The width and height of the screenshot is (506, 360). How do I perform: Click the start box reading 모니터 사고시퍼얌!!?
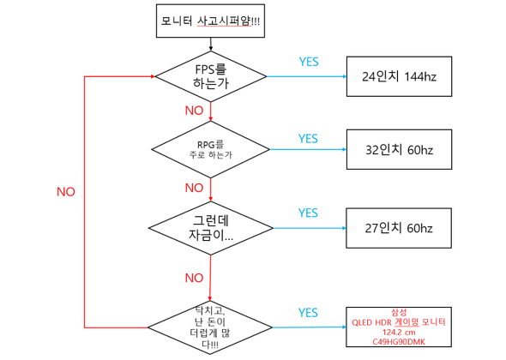click(x=210, y=21)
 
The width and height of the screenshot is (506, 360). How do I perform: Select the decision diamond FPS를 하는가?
click(x=211, y=76)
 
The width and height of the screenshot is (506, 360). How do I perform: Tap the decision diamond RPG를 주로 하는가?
click(x=210, y=149)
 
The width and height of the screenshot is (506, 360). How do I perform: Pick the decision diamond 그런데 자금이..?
click(x=211, y=228)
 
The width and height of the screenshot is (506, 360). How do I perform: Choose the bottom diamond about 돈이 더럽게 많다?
click(x=210, y=327)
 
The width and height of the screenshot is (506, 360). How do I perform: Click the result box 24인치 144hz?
click(x=399, y=76)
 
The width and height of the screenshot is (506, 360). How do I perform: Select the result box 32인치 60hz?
click(x=399, y=150)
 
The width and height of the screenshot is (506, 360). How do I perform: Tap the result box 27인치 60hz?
click(x=399, y=228)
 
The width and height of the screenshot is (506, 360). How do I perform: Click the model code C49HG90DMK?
click(x=399, y=342)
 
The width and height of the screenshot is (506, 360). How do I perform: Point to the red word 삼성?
click(x=399, y=312)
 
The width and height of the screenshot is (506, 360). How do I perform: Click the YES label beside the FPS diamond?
click(x=309, y=62)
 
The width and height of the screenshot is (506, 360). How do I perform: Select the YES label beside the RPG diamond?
click(x=308, y=138)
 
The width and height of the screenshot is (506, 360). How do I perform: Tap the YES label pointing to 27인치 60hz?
click(x=308, y=213)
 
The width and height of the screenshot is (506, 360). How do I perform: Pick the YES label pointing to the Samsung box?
click(x=308, y=313)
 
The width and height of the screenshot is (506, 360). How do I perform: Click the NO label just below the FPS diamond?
click(x=194, y=111)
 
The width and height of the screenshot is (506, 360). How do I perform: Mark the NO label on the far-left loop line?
click(x=66, y=192)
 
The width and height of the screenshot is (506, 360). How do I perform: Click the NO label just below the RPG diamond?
click(x=194, y=188)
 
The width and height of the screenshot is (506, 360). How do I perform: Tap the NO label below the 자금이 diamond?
click(x=194, y=278)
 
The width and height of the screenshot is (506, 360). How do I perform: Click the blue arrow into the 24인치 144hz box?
click(x=306, y=76)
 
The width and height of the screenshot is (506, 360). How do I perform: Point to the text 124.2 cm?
click(x=399, y=333)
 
